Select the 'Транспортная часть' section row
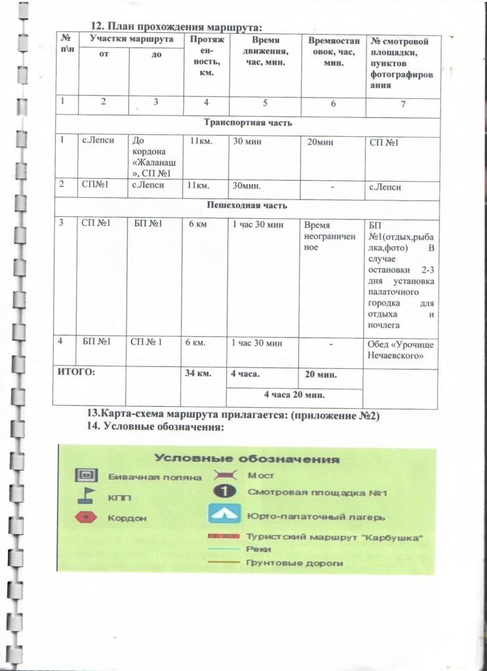click(x=248, y=123)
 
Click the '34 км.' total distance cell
click(x=198, y=374)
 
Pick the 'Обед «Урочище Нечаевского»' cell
click(x=401, y=349)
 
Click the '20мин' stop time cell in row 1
click(x=319, y=142)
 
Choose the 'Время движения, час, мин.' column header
click(x=264, y=50)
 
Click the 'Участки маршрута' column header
click(x=131, y=39)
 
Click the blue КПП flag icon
click(x=86, y=496)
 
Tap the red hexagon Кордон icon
click(x=86, y=517)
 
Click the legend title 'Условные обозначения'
click(x=247, y=458)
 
